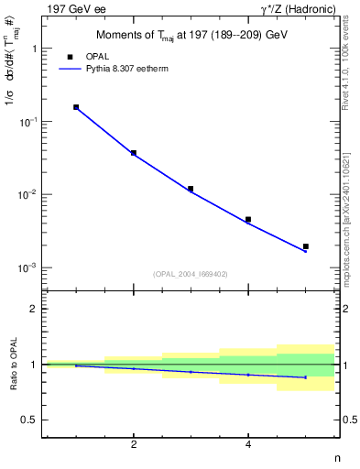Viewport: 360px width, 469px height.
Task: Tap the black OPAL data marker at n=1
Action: pos(76,107)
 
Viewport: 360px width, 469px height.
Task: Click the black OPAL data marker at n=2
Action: pos(134,153)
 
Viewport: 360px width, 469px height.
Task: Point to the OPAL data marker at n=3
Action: pos(191,189)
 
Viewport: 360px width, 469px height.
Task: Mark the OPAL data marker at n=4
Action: pos(248,220)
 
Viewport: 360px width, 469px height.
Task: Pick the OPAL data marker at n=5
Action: pos(306,246)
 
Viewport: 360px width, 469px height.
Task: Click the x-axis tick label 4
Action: pos(248,445)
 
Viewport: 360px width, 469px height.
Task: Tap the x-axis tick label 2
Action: pos(134,445)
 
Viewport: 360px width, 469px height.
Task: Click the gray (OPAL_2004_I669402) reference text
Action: pos(190,273)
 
